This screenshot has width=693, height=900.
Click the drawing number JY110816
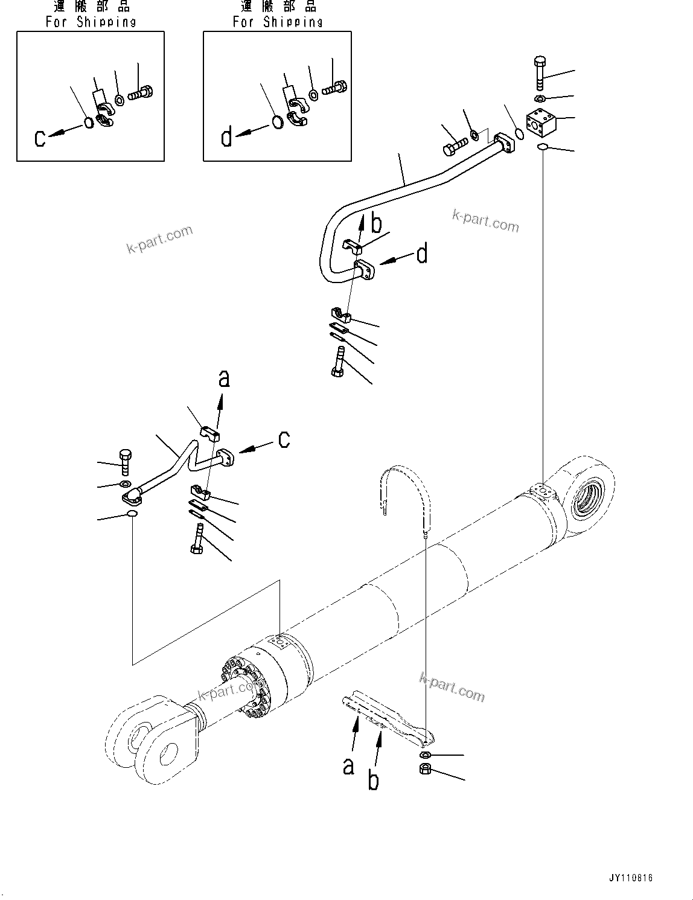(x=631, y=878)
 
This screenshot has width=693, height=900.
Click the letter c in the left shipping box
(x=40, y=139)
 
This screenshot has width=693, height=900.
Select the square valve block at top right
(x=541, y=123)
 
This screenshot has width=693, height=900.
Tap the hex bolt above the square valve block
(x=540, y=72)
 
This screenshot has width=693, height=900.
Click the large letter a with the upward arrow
(x=224, y=378)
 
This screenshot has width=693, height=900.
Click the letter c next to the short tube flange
(x=284, y=439)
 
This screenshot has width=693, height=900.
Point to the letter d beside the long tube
(x=422, y=254)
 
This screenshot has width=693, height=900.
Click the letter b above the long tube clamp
(x=376, y=225)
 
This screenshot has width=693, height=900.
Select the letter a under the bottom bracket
(x=348, y=767)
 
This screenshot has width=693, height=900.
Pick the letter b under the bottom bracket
(x=374, y=780)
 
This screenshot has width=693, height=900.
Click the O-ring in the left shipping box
(x=88, y=123)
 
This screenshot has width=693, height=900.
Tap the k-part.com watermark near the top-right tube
(x=485, y=221)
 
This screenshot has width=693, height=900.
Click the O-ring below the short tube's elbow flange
(x=131, y=514)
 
